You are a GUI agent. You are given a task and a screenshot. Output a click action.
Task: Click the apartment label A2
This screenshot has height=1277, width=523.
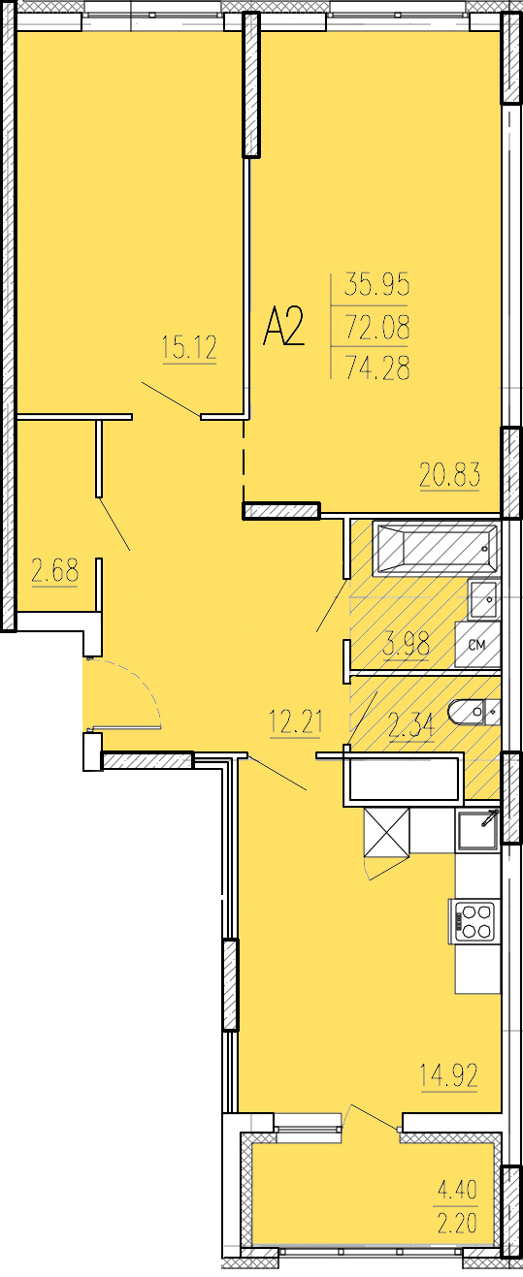click(x=284, y=327)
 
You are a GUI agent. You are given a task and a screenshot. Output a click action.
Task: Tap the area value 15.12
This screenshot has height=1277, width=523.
click(x=189, y=348)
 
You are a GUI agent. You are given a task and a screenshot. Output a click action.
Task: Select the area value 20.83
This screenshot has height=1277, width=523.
click(x=450, y=475)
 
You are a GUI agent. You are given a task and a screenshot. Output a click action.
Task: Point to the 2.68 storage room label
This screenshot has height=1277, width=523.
click(x=54, y=571)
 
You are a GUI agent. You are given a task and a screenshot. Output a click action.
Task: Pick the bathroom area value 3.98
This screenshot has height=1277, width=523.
click(x=407, y=645)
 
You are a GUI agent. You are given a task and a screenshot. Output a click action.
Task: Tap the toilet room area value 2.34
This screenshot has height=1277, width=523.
click(x=411, y=727)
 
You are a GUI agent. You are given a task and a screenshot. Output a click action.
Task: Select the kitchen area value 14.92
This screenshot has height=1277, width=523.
click(x=449, y=1075)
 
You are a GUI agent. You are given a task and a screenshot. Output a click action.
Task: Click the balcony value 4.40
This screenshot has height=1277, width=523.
click(x=457, y=1190)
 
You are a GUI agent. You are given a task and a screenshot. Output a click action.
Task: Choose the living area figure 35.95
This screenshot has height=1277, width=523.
click(x=377, y=284)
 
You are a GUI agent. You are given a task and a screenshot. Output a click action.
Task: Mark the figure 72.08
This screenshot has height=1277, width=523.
click(x=377, y=328)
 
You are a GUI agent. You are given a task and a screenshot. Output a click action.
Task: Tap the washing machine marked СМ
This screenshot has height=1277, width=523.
click(x=477, y=645)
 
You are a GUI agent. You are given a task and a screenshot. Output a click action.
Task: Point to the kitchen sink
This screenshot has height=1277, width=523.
click(x=478, y=832)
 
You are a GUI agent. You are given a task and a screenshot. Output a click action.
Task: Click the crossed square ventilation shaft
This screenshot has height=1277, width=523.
click(x=387, y=832)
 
